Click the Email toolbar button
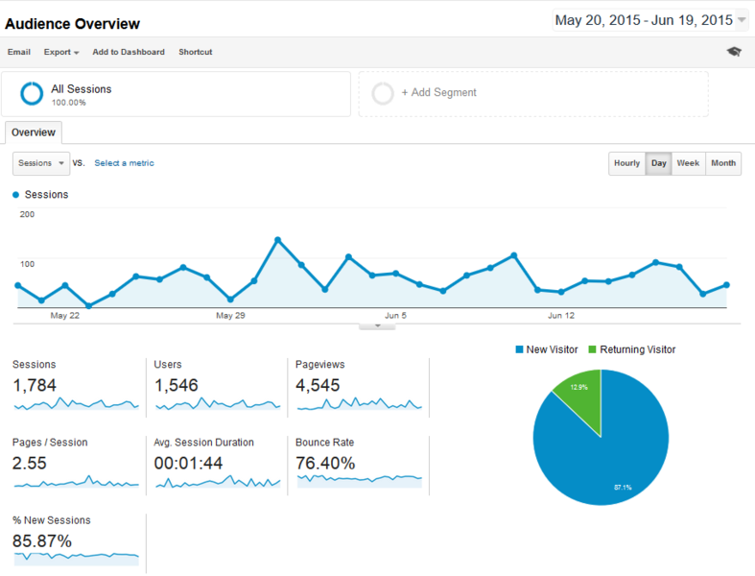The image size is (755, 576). tap(19, 52)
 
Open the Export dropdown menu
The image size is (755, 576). tap(61, 52)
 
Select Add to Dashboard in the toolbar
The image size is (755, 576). tap(129, 52)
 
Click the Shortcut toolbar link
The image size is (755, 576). tap(196, 52)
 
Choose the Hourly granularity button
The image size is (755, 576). tap(626, 163)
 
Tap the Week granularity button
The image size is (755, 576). tap(688, 163)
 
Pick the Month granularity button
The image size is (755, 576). tap(723, 163)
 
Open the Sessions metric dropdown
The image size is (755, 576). tap(41, 163)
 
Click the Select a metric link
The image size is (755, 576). tap(124, 163)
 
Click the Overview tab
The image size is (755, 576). tap(34, 132)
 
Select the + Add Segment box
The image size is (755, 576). tap(533, 93)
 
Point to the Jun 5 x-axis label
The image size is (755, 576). tap(396, 315)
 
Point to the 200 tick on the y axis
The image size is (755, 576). tap(27, 214)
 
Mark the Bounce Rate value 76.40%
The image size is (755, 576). tap(325, 464)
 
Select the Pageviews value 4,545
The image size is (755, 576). tap(318, 386)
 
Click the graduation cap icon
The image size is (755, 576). tap(734, 52)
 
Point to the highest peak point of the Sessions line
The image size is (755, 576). tap(277, 240)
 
